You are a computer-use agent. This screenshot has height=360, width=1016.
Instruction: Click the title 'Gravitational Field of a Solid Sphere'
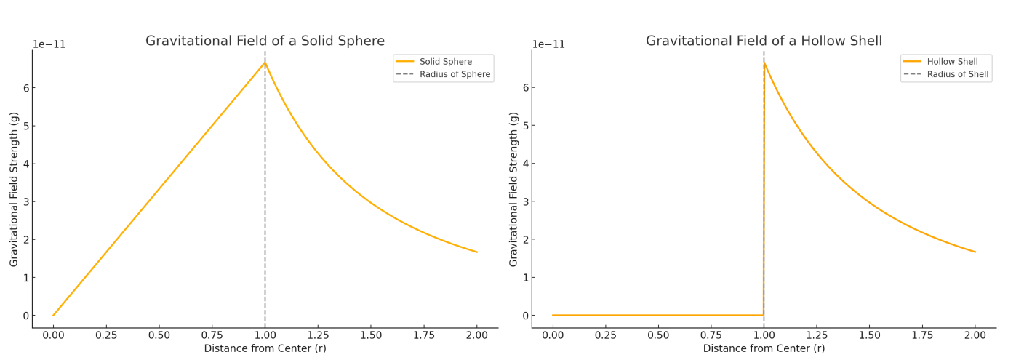pos(265,41)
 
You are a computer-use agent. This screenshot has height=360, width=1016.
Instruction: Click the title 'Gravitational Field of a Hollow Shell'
pos(764,41)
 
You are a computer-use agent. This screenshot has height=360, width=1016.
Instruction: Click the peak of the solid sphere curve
pos(265,63)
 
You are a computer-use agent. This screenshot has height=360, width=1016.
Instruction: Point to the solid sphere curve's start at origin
pos(53,315)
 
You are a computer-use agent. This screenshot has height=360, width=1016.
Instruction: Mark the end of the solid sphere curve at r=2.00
pos(476,252)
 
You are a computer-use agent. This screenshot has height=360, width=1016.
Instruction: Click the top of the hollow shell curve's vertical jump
pos(764,63)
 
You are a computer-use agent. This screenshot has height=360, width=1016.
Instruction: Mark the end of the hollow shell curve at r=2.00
pos(975,252)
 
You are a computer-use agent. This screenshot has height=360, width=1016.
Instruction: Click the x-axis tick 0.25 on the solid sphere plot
pos(106,335)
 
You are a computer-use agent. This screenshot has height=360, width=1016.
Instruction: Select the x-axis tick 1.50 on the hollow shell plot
pos(869,335)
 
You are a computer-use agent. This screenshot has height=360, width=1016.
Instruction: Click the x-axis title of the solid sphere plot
pos(265,349)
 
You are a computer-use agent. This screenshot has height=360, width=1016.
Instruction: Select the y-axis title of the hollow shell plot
pos(514,189)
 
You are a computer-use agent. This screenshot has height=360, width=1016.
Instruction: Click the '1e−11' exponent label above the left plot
pos(49,45)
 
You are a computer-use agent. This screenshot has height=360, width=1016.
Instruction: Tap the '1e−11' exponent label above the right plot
pos(548,45)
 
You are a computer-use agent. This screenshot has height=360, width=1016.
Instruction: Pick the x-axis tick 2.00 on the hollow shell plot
pos(975,335)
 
